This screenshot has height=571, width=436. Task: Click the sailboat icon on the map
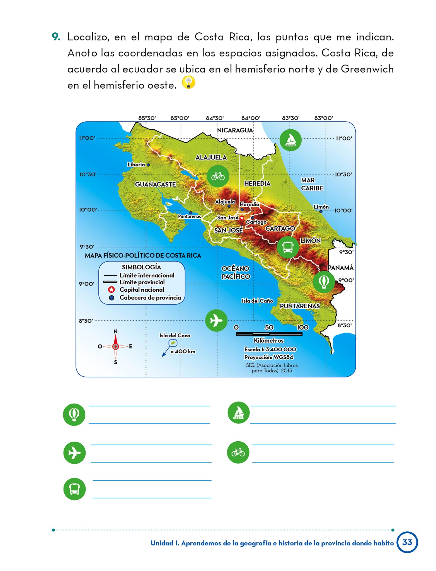290,140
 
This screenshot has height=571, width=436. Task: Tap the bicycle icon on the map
218,176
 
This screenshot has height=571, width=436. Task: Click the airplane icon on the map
216,320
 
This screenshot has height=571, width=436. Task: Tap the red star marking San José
242,218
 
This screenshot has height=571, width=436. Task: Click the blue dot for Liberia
148,165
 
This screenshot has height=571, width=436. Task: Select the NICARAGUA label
235,130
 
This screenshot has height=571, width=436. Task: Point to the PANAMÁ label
340,268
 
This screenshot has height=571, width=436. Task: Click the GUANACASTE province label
155,184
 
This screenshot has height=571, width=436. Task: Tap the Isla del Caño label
257,301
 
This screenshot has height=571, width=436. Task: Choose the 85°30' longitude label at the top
147,118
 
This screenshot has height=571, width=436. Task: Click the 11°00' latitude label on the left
87,138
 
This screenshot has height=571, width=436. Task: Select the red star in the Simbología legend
112,290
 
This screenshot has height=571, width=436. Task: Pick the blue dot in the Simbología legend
112,298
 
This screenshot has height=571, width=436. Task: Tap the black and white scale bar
269,334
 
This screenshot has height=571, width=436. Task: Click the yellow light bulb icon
188,83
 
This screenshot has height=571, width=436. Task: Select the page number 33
407,542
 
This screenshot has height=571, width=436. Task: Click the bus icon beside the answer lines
74,489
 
